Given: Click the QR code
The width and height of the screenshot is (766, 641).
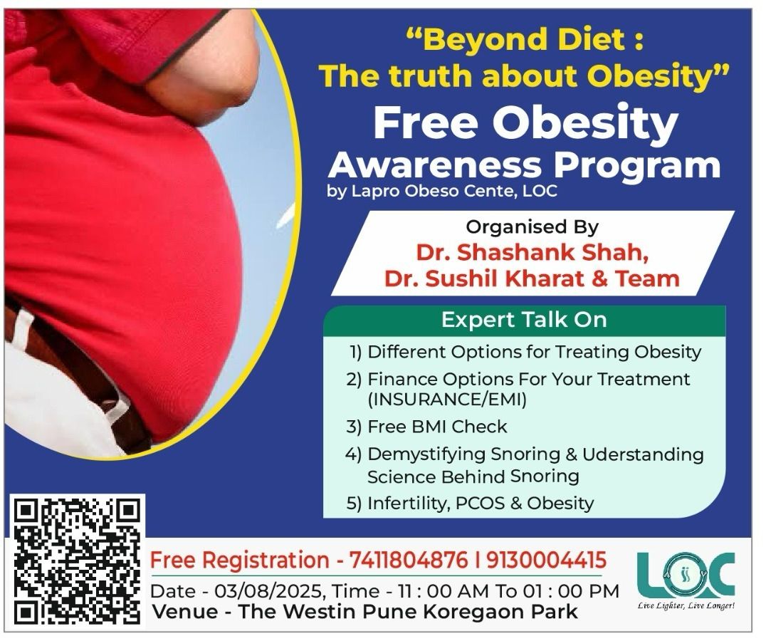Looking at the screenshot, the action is coord(77,561).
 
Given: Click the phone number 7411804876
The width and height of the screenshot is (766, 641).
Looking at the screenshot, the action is coord(409,560).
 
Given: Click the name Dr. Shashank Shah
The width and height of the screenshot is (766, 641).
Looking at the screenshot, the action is coord(532,253).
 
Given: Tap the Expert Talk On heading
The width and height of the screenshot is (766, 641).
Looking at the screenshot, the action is coord(524,320).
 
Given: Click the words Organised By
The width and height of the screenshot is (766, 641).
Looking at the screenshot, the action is coord(532,227).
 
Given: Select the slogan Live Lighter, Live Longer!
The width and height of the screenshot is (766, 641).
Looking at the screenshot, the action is coord(686,606).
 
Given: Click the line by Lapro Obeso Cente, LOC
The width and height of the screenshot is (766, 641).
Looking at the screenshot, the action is coord(442,191).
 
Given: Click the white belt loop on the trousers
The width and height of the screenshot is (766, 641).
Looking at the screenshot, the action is coord(20,328).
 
